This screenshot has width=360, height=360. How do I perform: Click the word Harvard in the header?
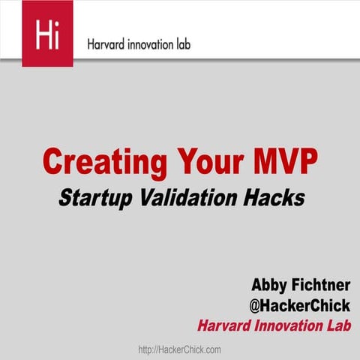[x=108, y=44]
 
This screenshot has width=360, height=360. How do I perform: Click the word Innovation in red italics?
[x=289, y=325]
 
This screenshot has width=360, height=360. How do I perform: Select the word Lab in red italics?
[x=337, y=325]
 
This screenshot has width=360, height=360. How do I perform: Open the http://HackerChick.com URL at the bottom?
[x=180, y=349]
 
